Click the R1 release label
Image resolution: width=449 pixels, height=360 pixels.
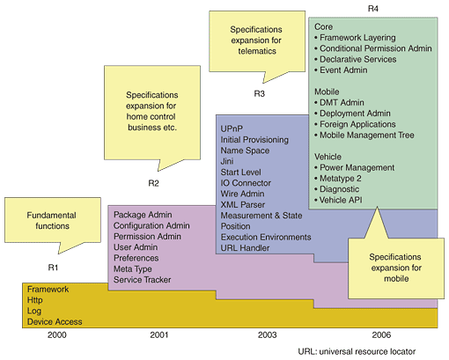point(53,268)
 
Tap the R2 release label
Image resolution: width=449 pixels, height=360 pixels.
point(153,183)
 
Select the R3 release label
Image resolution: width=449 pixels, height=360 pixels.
point(260,93)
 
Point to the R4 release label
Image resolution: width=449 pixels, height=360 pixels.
point(373,9)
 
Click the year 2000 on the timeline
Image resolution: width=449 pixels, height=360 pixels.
point(57,334)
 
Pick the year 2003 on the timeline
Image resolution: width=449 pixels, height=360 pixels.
point(267,334)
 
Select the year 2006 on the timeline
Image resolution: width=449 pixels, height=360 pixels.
point(381,334)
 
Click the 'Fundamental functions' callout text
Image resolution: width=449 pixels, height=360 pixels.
point(52,221)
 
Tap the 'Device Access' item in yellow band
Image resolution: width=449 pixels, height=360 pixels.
point(55,322)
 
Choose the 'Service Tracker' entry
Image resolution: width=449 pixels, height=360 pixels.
point(143,280)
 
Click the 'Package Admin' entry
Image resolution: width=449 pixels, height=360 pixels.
point(143,215)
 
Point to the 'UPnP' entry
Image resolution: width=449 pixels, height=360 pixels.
point(232,129)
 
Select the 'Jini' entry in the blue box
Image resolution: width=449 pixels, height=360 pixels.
point(227,161)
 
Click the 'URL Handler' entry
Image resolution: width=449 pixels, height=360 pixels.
point(245,248)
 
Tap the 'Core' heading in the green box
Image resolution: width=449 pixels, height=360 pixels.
point(323,26)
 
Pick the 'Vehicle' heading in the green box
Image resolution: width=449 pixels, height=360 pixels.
point(328,157)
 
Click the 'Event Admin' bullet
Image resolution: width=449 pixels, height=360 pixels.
point(341,70)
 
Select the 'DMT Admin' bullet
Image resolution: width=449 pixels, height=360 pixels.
point(339,103)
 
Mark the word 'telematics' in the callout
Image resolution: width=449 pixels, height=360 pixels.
point(257,51)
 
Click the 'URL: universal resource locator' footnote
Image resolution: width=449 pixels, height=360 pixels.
point(357,351)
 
